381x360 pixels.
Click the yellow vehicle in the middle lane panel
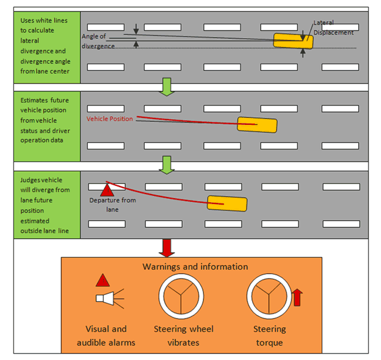(x=257, y=124)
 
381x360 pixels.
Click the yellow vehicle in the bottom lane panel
(x=227, y=203)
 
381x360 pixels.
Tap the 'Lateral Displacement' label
(x=333, y=28)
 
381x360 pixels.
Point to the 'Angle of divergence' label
(x=98, y=41)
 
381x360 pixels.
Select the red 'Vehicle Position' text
(x=110, y=118)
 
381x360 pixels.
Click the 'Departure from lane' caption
(x=113, y=205)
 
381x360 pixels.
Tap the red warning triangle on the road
(x=107, y=189)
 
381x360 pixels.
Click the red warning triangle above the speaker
(x=102, y=281)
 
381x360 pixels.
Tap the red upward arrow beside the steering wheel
(x=297, y=297)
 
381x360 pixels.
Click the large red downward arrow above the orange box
(x=166, y=247)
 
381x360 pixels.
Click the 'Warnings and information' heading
(x=195, y=267)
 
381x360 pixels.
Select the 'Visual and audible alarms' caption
(x=106, y=335)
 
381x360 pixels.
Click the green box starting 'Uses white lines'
(x=46, y=46)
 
